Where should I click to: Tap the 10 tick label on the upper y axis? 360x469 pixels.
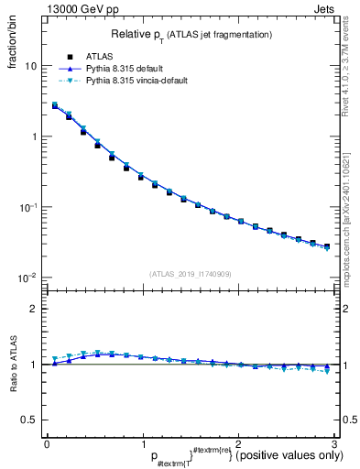[x=29, y=66]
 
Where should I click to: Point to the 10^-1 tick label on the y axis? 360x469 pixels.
[x=27, y=207]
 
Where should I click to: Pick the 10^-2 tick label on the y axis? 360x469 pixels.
[x=27, y=278]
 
